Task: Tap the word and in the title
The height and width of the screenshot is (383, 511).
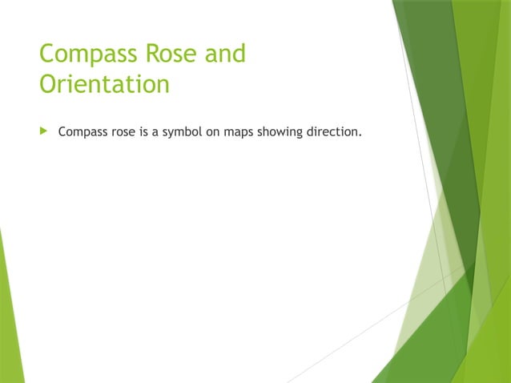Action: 225,55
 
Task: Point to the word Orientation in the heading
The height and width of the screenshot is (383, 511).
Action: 104,84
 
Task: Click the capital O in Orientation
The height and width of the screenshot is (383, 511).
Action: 48,84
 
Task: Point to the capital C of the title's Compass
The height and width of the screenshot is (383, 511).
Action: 47,55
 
